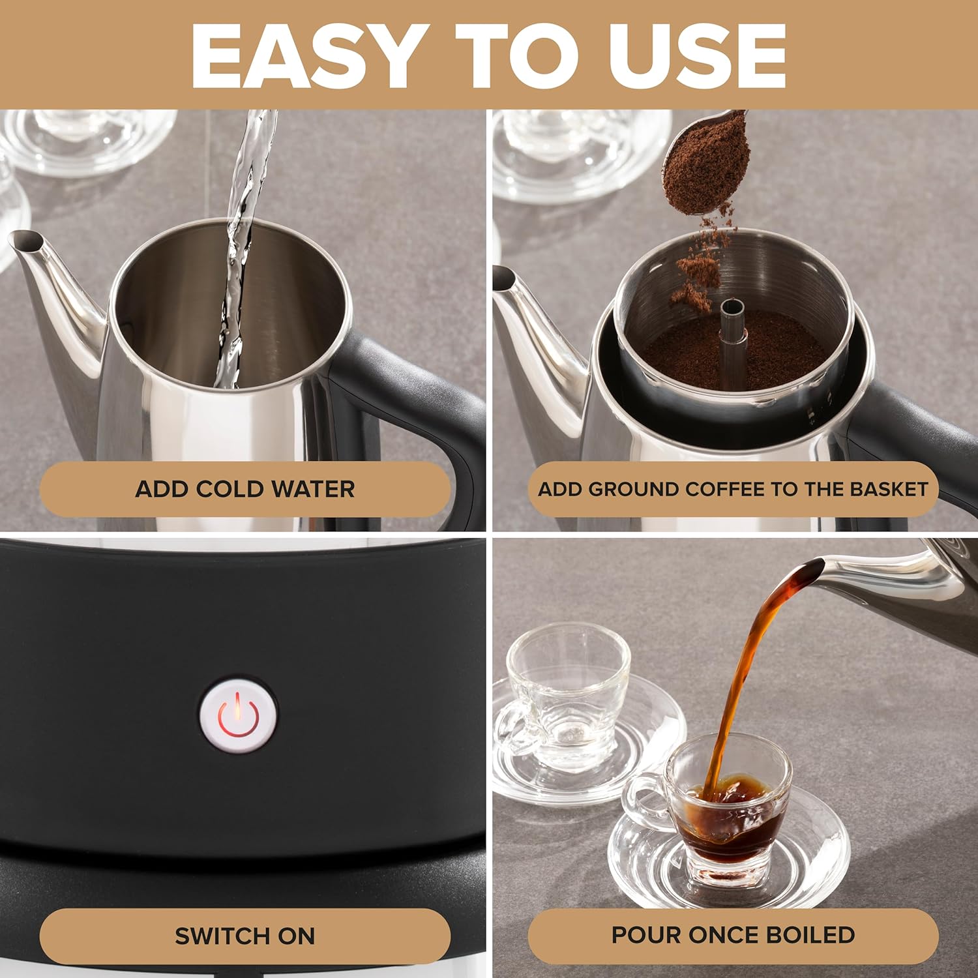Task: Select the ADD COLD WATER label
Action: [245, 489]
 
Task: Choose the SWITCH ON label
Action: [245, 936]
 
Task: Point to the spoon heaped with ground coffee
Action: [707, 163]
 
